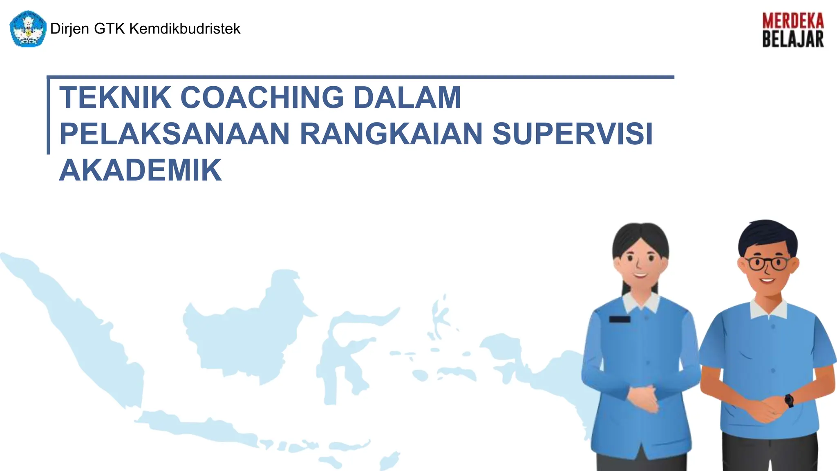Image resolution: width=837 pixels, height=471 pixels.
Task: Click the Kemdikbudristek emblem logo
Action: coord(28,29)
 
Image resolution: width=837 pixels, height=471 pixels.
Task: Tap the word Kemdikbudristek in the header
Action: coord(185,29)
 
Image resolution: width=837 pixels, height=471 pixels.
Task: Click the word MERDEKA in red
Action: coord(793,21)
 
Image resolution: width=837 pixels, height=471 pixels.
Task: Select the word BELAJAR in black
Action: coord(793,40)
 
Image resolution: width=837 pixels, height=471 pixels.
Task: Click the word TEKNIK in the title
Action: coord(115,98)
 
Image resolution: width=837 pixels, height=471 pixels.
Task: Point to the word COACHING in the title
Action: coord(262,98)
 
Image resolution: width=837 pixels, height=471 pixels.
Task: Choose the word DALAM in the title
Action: coord(407,98)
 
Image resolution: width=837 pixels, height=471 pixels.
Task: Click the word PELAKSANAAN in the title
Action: coord(175,134)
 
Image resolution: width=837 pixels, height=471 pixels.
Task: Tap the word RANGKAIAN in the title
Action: coord(392,134)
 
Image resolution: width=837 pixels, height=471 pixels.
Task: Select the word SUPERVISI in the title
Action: coord(572,134)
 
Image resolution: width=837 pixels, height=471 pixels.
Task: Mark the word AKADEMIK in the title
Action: coord(141,170)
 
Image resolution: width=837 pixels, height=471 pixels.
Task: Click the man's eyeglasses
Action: coord(768,263)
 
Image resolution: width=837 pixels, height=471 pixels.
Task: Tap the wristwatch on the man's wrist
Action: coord(789,400)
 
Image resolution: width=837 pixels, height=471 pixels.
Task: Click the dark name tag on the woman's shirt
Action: coord(620,319)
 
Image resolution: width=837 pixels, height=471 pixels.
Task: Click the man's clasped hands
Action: coord(764,409)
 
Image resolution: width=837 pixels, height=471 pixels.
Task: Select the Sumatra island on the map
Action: coord(82,327)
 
